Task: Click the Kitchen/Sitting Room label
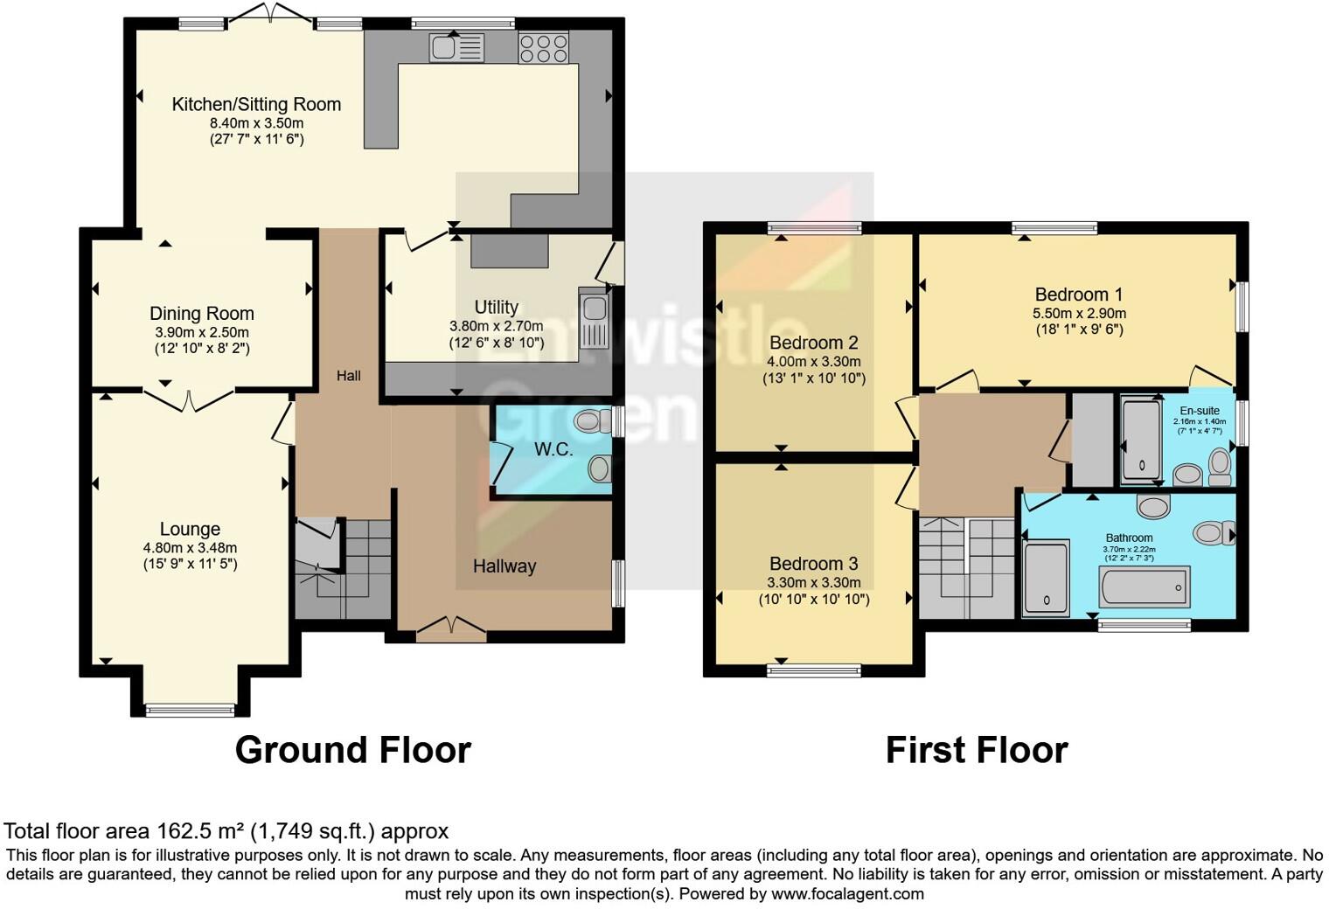pos(256,105)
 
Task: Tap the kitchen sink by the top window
pos(456,47)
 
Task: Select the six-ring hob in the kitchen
pos(543,47)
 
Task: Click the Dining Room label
pos(202,314)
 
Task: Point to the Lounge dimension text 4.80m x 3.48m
pos(190,548)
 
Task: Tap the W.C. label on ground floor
pos(553,450)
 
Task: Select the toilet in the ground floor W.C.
pos(595,421)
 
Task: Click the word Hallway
pos(504,566)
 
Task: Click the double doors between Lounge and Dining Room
pos(190,400)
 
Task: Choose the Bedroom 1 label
pos(1079,295)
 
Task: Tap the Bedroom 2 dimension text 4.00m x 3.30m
pos(814,362)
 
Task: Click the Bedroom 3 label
pos(814,564)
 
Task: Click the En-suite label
pos(1199,411)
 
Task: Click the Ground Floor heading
pos(353,751)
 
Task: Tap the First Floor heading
pos(977,751)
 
